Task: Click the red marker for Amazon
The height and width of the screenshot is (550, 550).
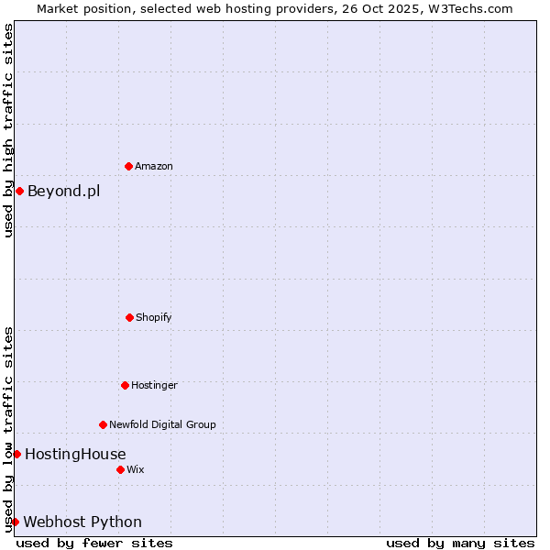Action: coord(128,166)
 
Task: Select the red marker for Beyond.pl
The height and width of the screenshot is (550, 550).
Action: coord(19,191)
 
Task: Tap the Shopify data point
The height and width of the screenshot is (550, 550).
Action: coord(129,317)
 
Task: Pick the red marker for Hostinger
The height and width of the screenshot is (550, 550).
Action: coord(125,385)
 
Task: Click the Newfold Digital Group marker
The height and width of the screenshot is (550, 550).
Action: coord(103,424)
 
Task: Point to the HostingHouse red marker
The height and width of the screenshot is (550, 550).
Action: coord(16,454)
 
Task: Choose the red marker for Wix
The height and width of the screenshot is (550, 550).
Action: coord(120,469)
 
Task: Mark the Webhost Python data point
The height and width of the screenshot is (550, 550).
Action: coord(15,522)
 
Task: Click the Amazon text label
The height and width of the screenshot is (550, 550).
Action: coord(154,167)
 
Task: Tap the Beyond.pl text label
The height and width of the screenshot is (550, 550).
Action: coord(63,192)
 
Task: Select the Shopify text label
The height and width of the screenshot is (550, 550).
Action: coord(154,318)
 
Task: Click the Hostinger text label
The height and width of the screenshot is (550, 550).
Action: coord(154,386)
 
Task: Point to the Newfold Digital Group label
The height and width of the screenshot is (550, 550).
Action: coord(162,425)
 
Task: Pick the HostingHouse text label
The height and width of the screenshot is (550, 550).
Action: coord(75,455)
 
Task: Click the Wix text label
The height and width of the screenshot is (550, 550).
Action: coord(136,470)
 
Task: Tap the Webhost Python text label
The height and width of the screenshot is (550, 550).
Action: coord(82,522)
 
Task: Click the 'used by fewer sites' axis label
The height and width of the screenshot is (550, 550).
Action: coord(94,543)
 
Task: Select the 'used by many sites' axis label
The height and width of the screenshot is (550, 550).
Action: coord(460,543)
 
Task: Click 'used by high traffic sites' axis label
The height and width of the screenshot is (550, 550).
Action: coord(8,130)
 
